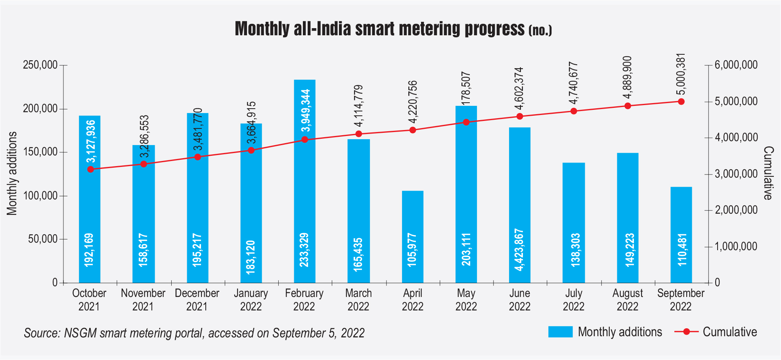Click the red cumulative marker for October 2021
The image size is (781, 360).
tap(90, 169)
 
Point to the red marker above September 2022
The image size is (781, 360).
tap(681, 101)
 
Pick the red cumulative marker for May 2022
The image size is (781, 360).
tap(466, 122)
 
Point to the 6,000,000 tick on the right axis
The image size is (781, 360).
tap(736, 65)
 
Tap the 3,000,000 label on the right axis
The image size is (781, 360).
tap(736, 174)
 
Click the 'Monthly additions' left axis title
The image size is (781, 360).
tap(12, 174)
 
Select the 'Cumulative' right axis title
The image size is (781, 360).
tap(768, 173)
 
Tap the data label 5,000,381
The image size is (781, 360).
tap(681, 74)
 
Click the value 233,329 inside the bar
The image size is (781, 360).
tap(304, 250)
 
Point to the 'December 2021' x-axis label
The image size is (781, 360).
tap(197, 300)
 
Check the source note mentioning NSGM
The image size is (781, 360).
tap(194, 333)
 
